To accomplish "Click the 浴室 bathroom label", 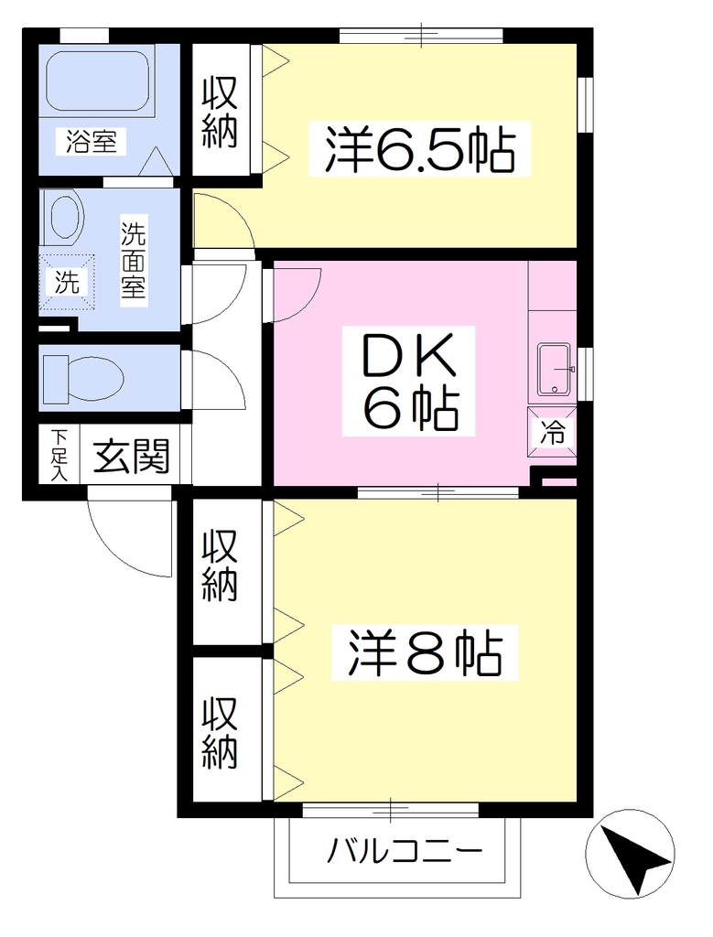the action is coord(91,143).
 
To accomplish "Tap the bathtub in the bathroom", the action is coord(97,81).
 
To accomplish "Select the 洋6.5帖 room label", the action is coord(419,149).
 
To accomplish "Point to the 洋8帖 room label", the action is coord(425,652).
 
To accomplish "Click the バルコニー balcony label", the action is coord(404,850).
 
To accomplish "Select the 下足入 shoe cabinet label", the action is coord(59,455).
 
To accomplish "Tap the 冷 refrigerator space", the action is coord(552,432).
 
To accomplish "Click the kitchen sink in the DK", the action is coord(556,370).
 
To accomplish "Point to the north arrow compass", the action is coord(630,854).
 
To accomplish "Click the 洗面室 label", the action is coord(134,261).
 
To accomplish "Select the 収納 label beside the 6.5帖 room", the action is coord(220,112).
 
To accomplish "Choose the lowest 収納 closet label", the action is coord(220,733).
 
